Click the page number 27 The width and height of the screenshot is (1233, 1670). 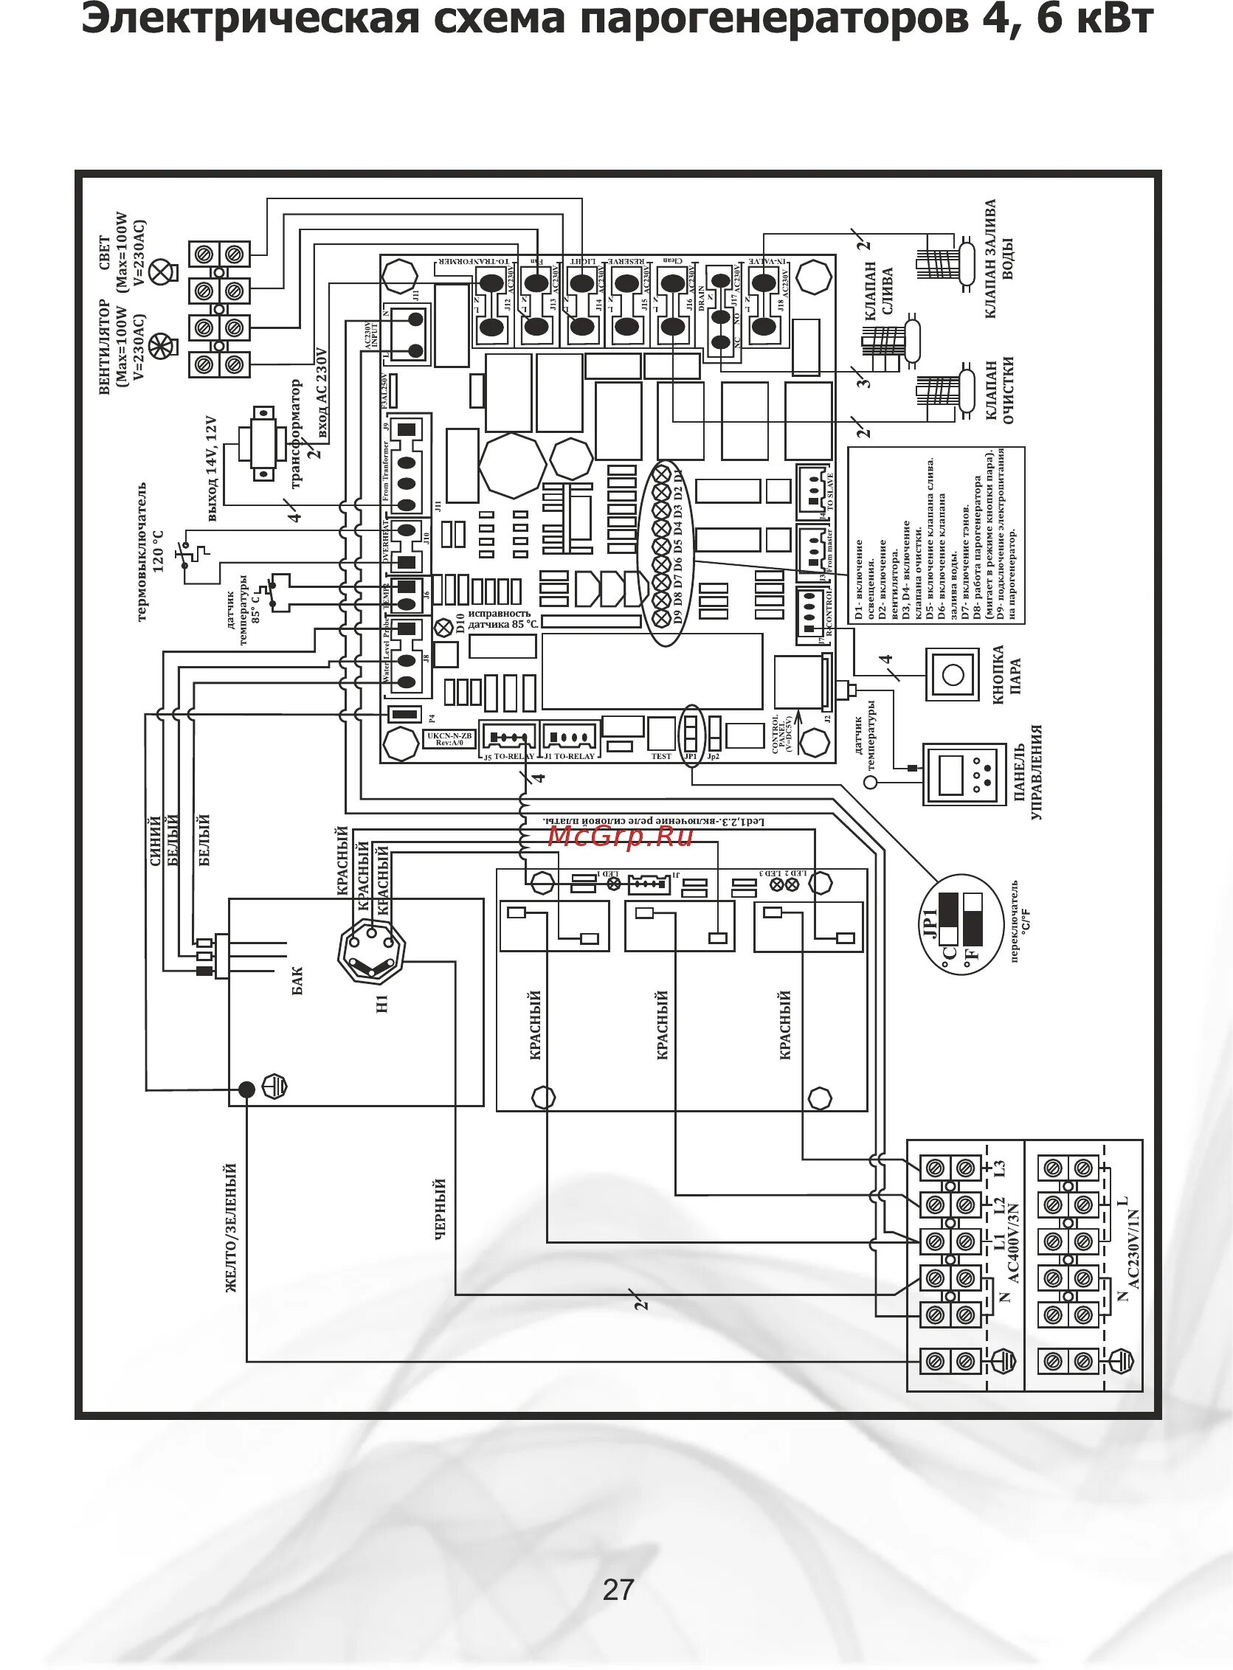point(618,1589)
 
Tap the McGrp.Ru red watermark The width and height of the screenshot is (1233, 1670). point(621,836)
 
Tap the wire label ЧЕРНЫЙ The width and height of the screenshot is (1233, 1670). point(441,1209)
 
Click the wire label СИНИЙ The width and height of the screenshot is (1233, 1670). point(156,841)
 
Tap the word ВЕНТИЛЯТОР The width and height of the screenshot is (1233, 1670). point(105,347)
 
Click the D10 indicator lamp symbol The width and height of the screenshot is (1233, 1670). point(446,625)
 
